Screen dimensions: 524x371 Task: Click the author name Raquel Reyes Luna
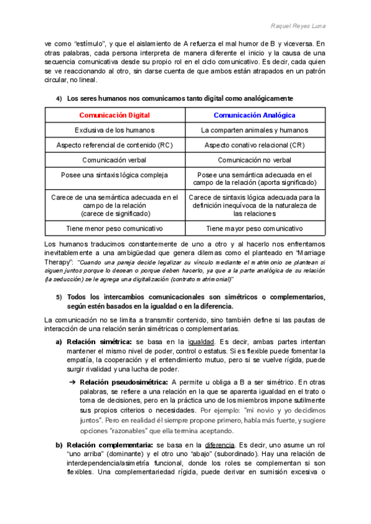tap(300, 25)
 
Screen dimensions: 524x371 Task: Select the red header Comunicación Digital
tap(114, 116)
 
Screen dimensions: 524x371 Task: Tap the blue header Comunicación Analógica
tap(254, 116)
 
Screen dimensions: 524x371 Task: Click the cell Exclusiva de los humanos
tap(114, 130)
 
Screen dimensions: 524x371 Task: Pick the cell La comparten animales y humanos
tap(254, 130)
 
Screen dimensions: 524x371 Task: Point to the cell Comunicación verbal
tap(114, 159)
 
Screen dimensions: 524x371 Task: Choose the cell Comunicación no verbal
tap(254, 159)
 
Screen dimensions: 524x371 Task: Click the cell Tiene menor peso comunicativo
tap(114, 228)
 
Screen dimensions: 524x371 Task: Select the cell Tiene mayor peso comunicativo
tap(254, 228)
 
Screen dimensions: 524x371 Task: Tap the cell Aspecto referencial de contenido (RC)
tap(114, 145)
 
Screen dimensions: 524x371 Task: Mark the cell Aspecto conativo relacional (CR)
tap(254, 145)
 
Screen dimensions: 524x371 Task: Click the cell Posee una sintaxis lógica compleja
tap(114, 175)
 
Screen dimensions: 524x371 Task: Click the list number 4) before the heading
tap(59, 99)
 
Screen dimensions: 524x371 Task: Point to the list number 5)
tap(59, 297)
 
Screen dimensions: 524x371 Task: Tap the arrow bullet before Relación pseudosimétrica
tap(72, 381)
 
